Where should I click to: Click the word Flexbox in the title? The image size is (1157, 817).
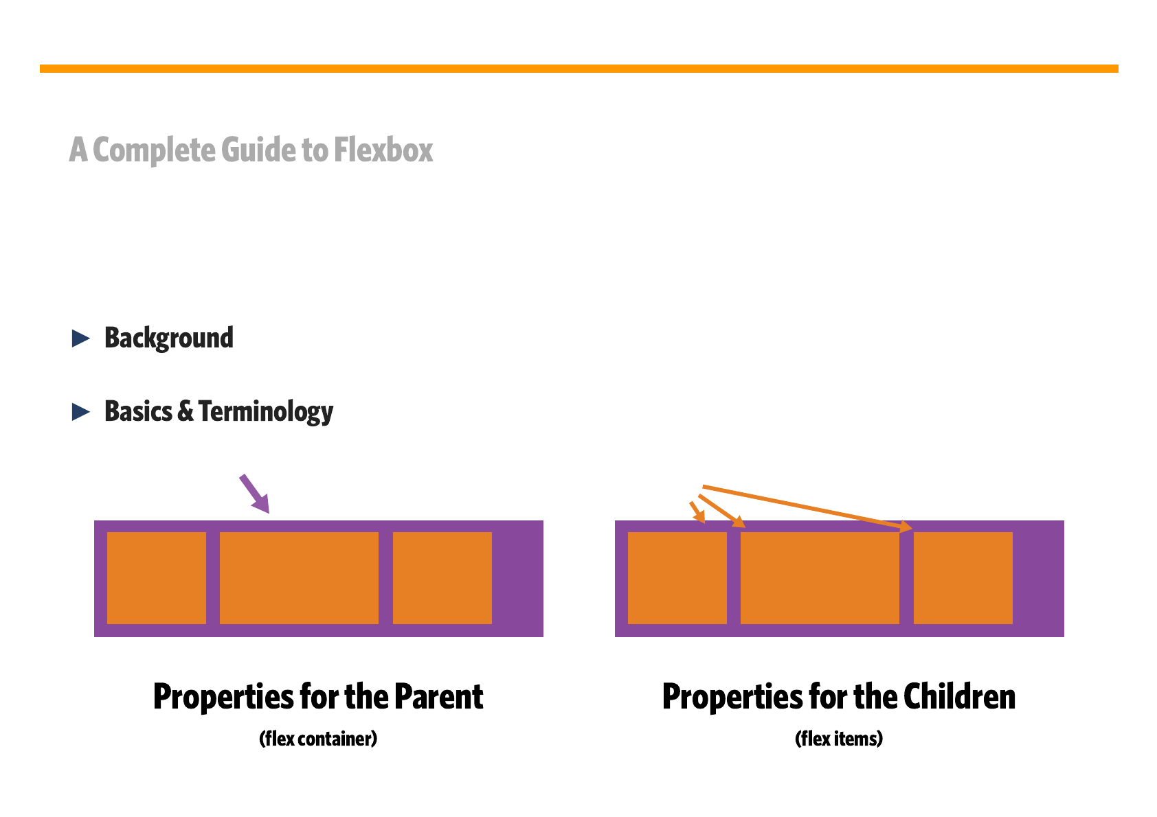point(383,150)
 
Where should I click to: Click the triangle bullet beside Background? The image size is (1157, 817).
point(80,338)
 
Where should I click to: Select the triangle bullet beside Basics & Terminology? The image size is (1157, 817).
point(80,412)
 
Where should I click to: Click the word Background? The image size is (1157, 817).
point(169,338)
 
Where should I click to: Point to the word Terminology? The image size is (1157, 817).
point(266,412)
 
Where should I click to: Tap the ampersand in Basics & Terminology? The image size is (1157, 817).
point(185,411)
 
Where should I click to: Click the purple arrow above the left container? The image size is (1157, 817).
point(255,494)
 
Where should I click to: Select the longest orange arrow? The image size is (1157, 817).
point(807,508)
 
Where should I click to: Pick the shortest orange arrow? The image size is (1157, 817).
point(697,512)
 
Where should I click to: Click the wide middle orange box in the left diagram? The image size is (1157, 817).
point(299,578)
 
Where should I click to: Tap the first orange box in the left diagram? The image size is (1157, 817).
point(157,578)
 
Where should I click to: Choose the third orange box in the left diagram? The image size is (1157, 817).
point(442,578)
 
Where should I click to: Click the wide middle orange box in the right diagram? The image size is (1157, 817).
point(820,578)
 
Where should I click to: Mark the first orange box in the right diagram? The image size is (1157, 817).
point(677,578)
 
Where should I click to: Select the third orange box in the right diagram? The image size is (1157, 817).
point(963,578)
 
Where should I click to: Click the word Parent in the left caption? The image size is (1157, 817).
point(438,697)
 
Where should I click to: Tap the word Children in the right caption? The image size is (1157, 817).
point(959,696)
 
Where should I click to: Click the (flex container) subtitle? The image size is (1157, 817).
point(318,739)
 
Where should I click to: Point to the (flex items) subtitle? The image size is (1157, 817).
point(839,739)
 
